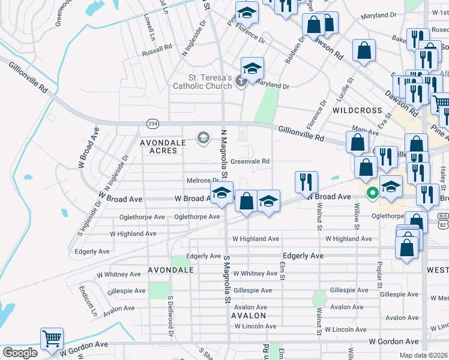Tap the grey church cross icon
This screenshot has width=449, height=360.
(x=241, y=81)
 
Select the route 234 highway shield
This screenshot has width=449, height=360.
(x=152, y=123)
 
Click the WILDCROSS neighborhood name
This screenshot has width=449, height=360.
(x=357, y=110)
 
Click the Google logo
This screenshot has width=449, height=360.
(x=19, y=352)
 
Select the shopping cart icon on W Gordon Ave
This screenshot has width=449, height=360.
(x=52, y=338)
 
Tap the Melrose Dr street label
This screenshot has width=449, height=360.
(x=203, y=180)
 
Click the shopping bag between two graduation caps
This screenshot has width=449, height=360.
(x=246, y=200)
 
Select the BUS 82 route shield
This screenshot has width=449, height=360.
(x=443, y=220)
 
